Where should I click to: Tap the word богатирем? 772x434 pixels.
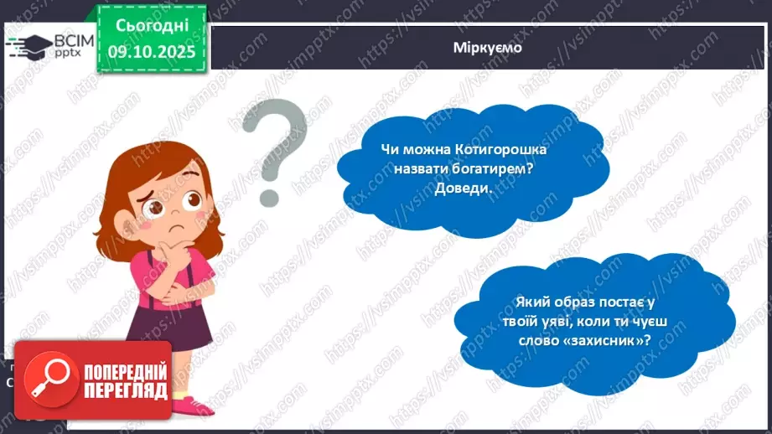tap(496, 168)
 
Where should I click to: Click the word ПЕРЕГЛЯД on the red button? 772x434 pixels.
tap(125, 390)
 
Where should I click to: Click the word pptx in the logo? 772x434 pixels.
tap(68, 54)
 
